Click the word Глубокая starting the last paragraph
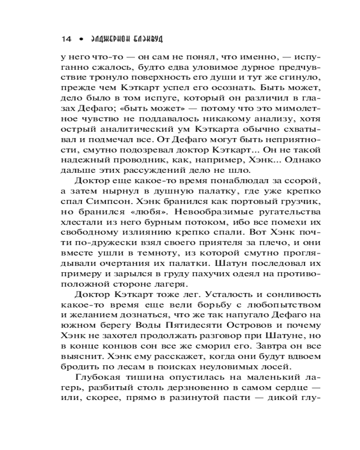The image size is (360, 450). (x=99, y=378)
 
